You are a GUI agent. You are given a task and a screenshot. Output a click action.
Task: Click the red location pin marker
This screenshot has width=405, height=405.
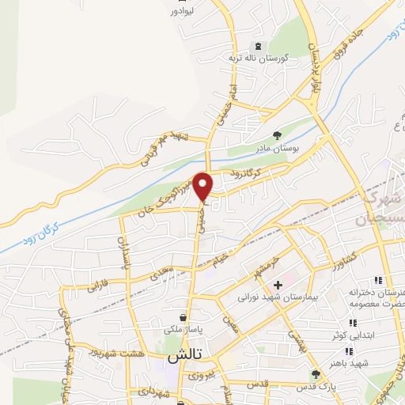click(204, 187)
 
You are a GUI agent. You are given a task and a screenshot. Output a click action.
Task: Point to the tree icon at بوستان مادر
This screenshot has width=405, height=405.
click(276, 135)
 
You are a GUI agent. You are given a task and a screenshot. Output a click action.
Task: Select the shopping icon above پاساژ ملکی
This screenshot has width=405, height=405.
click(184, 317)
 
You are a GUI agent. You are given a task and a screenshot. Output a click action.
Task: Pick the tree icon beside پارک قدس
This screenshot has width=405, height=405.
click(316, 374)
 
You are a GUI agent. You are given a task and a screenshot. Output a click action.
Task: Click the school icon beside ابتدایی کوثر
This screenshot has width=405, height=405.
click(352, 322)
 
